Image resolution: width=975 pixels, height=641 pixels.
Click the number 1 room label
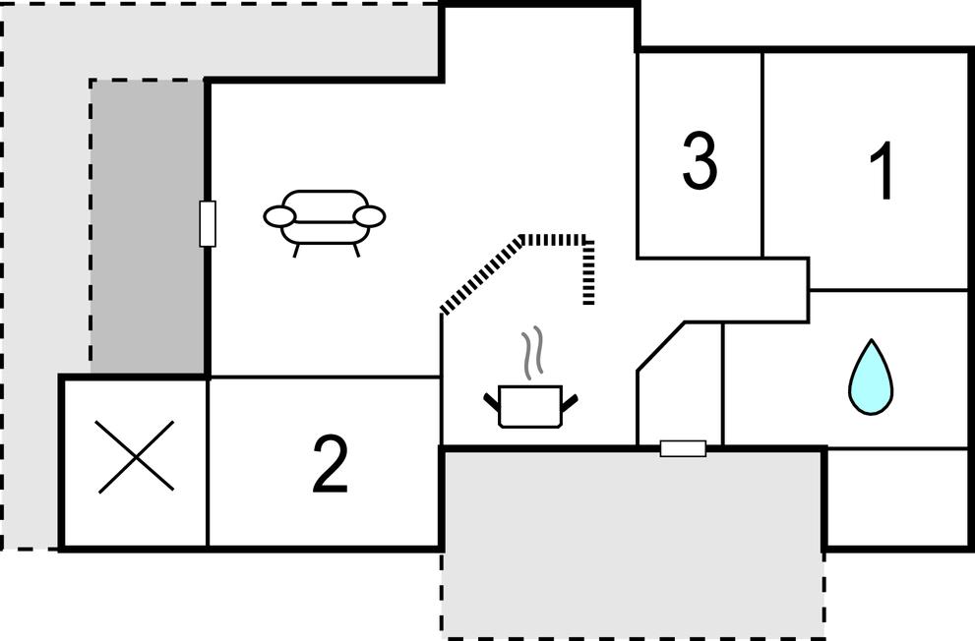coord(883,170)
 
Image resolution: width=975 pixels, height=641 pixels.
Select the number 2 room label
coord(331,465)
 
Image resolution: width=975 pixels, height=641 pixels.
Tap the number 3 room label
coord(700,159)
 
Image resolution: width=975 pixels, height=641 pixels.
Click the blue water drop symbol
coord(871,377)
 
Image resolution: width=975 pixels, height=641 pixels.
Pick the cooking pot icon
coord(530,407)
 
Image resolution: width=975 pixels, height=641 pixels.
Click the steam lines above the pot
coord(532,353)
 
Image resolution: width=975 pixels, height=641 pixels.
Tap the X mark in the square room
coord(136,456)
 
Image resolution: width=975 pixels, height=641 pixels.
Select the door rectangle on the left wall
coord(208,223)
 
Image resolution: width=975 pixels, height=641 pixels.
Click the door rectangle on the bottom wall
coord(683,448)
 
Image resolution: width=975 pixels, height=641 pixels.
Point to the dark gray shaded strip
coord(148,227)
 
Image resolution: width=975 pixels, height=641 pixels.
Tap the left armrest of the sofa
coord(279,216)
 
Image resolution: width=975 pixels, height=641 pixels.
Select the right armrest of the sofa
coord(369,216)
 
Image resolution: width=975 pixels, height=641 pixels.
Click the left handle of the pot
coord(491,402)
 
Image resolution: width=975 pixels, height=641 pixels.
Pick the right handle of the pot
coord(571,402)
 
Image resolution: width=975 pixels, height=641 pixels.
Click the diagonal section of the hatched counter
coord(481,274)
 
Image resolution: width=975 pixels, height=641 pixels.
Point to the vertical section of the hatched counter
coord(588,270)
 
